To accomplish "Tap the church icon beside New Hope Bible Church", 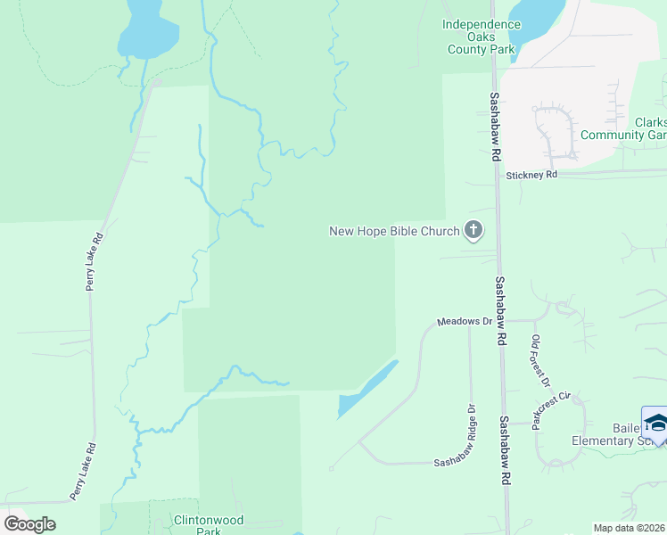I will coord(473,232).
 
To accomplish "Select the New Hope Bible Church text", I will coord(394,232).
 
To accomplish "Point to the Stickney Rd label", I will coord(531,176).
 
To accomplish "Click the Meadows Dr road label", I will coord(464,321).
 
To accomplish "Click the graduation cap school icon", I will coord(655,423).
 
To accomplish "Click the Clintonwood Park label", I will coord(209,525).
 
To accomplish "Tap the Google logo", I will coord(29,524).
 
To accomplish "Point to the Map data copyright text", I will coord(629,528).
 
